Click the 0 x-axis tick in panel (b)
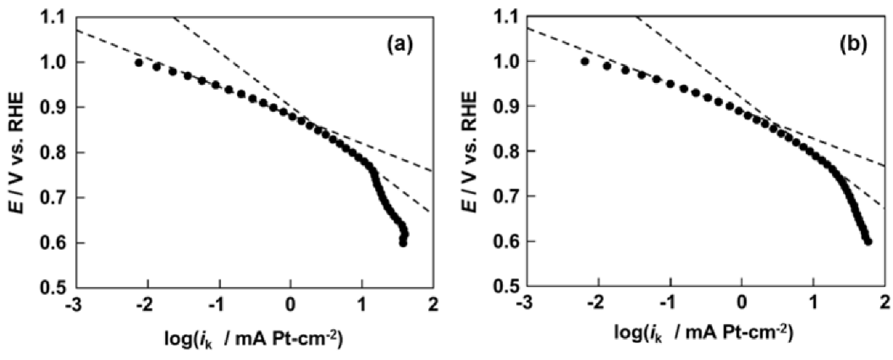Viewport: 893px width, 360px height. (x=741, y=304)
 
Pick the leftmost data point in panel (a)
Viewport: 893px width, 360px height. (x=139, y=63)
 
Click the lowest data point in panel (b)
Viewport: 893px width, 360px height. (x=868, y=241)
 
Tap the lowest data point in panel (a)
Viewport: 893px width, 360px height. (x=403, y=243)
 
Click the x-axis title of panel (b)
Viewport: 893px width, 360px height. (x=704, y=336)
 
